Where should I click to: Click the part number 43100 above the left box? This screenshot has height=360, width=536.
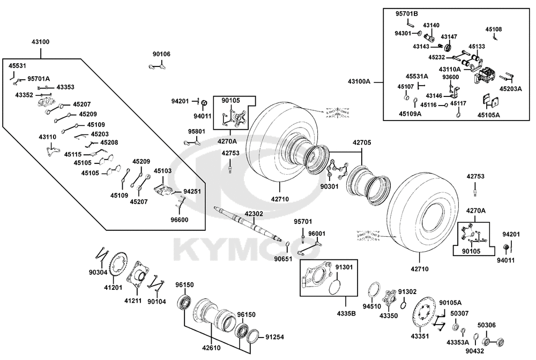point(42,41)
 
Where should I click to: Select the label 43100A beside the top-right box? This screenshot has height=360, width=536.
point(359,81)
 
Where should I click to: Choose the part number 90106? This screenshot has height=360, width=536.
point(161,54)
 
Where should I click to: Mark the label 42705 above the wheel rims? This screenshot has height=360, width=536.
point(361,143)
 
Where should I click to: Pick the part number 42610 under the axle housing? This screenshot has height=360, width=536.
point(211,347)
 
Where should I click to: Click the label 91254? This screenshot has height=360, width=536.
point(274,337)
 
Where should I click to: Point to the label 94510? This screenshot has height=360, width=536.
point(372,306)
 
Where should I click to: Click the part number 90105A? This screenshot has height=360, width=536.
point(450,303)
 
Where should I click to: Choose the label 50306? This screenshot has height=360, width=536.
point(487,325)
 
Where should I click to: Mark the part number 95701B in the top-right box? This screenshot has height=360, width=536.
point(407,13)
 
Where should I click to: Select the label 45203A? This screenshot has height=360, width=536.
point(510,89)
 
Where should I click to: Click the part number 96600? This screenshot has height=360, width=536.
point(180,219)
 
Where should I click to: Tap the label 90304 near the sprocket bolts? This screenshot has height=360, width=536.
point(99,272)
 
